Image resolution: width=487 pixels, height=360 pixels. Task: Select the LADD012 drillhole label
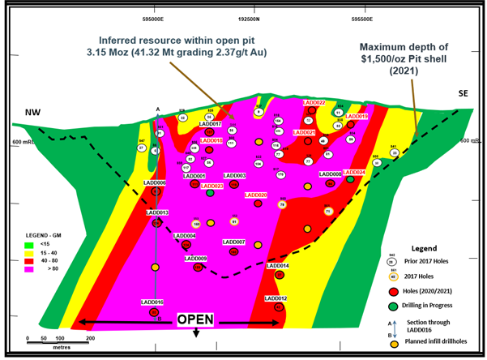276,298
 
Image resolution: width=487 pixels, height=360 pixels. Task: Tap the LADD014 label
278,265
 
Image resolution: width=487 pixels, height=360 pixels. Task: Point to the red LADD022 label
314,103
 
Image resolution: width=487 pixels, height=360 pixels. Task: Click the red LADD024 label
354,173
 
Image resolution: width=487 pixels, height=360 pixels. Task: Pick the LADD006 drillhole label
154,183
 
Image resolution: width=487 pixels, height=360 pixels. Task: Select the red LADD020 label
256,195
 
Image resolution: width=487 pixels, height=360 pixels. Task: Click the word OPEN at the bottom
194,319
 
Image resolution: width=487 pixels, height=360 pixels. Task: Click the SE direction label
464,94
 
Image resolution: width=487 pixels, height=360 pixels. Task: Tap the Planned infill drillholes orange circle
393,343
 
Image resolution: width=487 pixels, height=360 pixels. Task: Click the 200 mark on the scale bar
91,337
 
